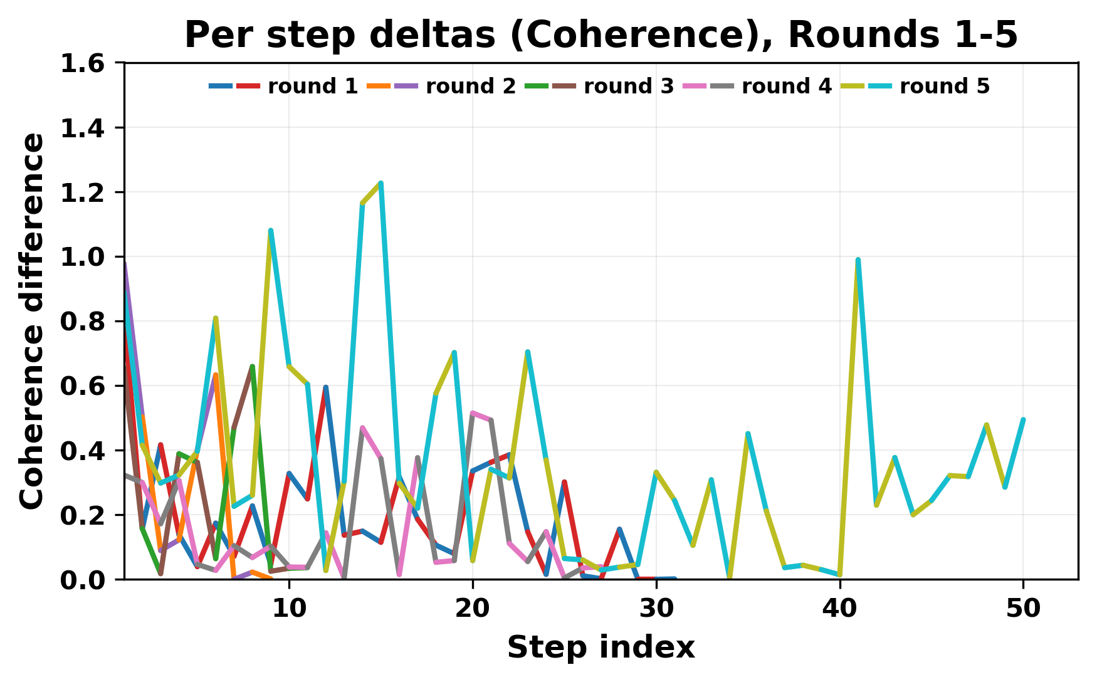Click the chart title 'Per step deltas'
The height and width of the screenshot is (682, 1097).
point(601,35)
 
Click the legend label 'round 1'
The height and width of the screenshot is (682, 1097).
point(312,87)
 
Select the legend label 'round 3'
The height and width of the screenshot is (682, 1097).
point(628,87)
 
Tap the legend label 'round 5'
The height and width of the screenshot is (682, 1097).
point(944,87)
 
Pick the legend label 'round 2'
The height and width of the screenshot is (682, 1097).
point(470,87)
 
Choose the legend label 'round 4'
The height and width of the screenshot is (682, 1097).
point(786,87)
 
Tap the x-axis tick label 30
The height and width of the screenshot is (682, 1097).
point(656,609)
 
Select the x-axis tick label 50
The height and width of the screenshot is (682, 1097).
point(1023,609)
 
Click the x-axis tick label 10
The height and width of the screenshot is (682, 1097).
point(288,609)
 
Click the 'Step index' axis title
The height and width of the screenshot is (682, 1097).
point(601,648)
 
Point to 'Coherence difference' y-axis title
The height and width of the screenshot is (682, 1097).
point(33,321)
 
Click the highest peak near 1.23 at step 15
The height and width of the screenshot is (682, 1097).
point(381,183)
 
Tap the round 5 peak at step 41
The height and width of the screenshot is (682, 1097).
point(858,260)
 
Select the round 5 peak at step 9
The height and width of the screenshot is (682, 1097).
point(270,231)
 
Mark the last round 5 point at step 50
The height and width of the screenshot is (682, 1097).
point(1023,419)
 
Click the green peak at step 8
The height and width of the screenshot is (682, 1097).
point(252,366)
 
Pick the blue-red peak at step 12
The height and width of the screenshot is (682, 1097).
point(325,387)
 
